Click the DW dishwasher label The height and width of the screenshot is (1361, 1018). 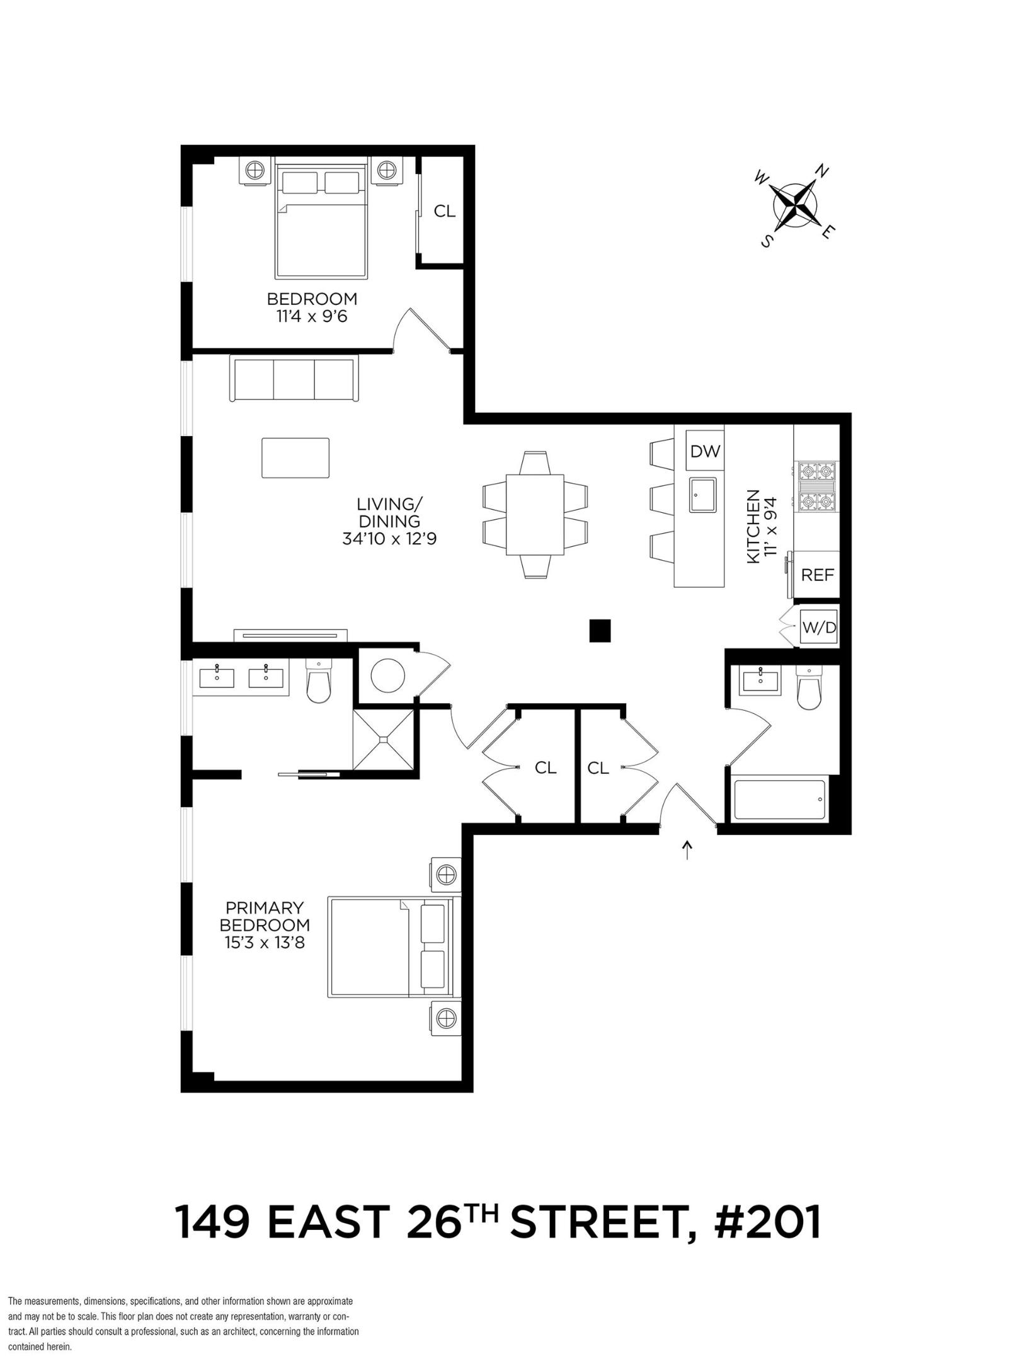click(x=704, y=451)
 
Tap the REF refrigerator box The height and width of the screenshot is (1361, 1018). click(x=817, y=575)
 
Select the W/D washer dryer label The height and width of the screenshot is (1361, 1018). click(x=819, y=628)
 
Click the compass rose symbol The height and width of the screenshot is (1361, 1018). click(x=795, y=205)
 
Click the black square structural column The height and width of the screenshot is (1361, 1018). click(x=600, y=630)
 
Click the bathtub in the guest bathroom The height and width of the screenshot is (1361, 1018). click(x=779, y=801)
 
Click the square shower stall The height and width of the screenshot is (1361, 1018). click(x=383, y=739)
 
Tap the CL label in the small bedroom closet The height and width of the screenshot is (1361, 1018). click(x=444, y=211)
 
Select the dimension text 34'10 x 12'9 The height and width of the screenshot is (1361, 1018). click(x=389, y=539)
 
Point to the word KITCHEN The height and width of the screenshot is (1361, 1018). click(x=753, y=527)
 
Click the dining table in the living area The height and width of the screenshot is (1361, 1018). click(x=535, y=515)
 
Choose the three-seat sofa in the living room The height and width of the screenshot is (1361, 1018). click(x=294, y=377)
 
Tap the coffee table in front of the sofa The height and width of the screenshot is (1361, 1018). click(x=295, y=458)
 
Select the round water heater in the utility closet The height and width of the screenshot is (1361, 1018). click(x=387, y=675)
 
